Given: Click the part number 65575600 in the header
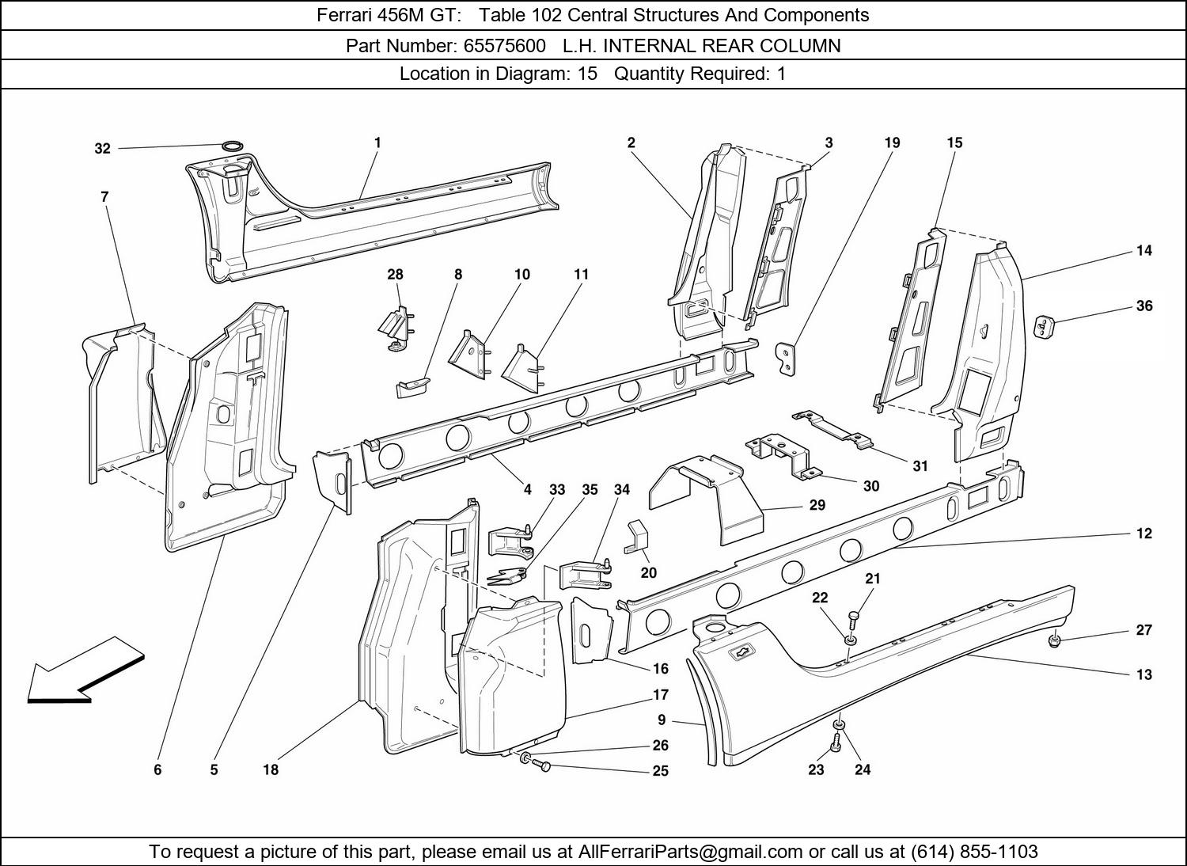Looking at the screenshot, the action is (x=505, y=46).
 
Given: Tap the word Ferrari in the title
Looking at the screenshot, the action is (x=346, y=15).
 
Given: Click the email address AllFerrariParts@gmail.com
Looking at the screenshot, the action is (x=690, y=851).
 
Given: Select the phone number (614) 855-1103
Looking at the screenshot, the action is (x=974, y=851).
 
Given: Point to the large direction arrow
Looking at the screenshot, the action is (x=85, y=670).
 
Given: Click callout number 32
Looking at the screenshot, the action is (x=102, y=149).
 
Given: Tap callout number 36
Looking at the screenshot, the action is (x=1144, y=306).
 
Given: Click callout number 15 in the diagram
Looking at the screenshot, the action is (x=954, y=142).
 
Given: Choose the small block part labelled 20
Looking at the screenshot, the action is (x=638, y=537).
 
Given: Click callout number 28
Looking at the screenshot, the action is (x=396, y=275).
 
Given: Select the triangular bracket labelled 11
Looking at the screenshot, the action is (x=524, y=370).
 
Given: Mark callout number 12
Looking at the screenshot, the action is (x=1144, y=534).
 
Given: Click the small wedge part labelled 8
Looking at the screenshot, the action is (x=412, y=387).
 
